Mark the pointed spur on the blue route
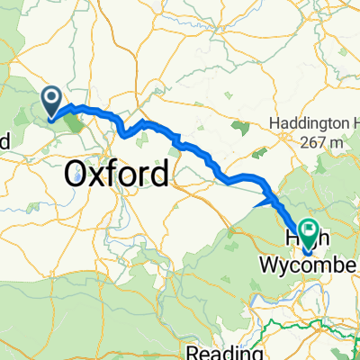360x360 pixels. (258, 205)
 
